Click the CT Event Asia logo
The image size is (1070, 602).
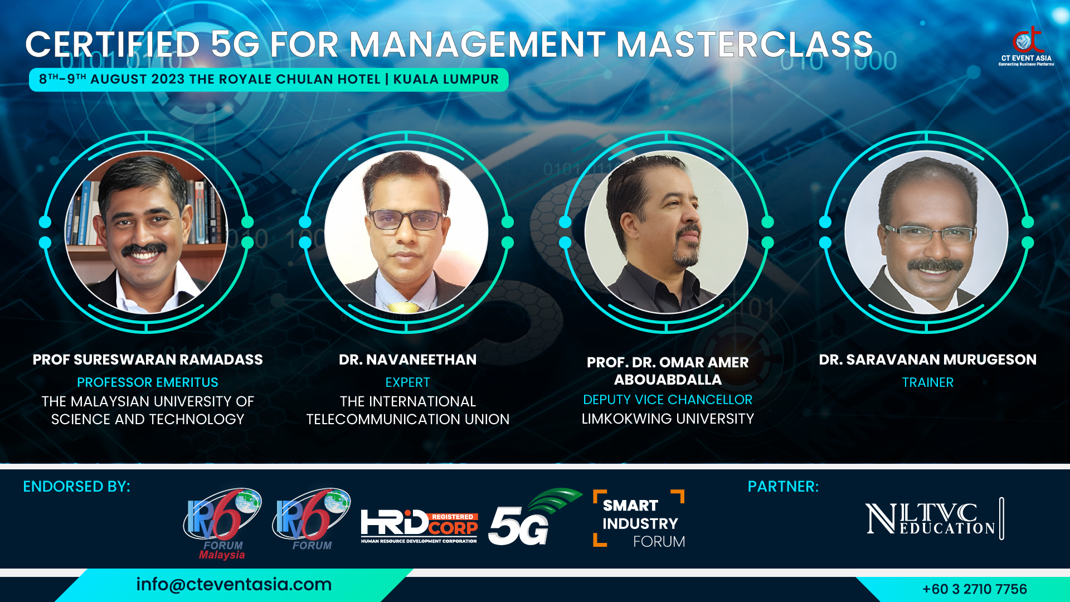point(1026,46)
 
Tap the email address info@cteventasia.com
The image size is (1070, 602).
point(234,584)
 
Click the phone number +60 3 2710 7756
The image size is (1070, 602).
point(974,589)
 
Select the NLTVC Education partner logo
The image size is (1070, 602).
point(935,518)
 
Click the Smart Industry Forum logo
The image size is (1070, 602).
point(639,519)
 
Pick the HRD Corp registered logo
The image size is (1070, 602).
point(420,526)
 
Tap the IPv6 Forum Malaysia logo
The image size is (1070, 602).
point(222,523)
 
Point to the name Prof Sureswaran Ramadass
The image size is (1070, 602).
point(148,360)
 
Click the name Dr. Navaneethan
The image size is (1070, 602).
point(408,360)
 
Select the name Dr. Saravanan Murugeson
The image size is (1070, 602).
point(928,360)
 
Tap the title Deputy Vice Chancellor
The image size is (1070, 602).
point(668,400)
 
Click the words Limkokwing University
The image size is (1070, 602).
point(668,419)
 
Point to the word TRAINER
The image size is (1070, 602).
point(928,382)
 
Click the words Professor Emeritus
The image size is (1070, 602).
point(148,382)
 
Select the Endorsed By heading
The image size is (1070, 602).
point(76,487)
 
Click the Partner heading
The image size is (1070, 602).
point(783,487)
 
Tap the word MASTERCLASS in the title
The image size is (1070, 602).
point(745,45)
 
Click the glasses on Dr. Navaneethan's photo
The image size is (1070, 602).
point(406,220)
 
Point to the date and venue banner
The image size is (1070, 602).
point(269,80)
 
